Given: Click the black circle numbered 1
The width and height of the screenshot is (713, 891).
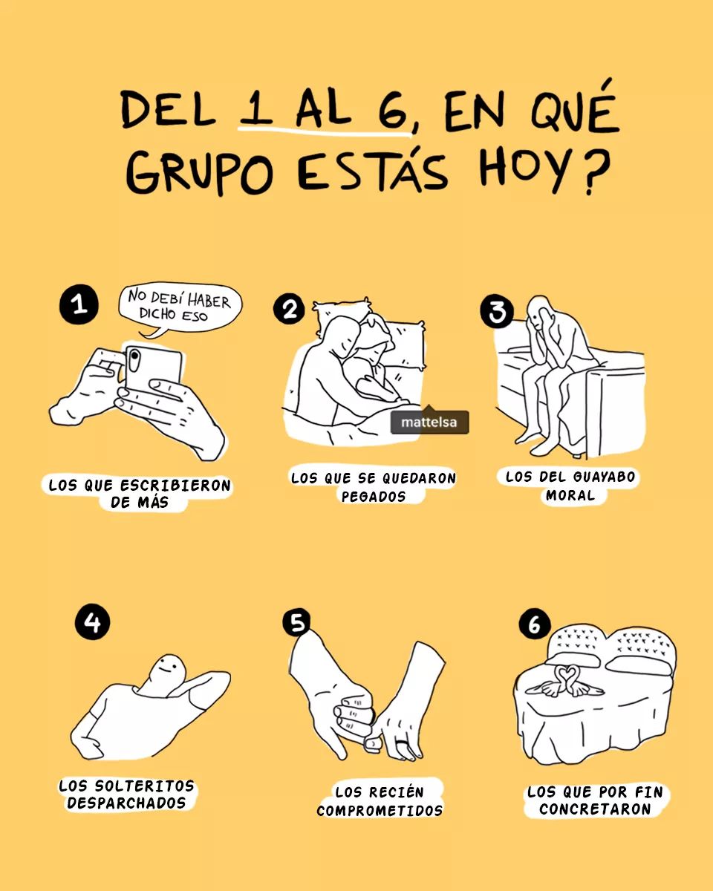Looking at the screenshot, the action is pos(79,304).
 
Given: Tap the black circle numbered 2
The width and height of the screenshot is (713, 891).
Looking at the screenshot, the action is pos(289,310).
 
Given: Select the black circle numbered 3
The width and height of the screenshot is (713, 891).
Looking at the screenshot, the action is pos(497,311).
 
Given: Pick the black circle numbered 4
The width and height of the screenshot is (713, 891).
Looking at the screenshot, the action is pos(92,622).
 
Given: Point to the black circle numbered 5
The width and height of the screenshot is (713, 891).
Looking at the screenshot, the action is pos(296,622).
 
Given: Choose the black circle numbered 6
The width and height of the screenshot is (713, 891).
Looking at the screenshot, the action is pos(535,624).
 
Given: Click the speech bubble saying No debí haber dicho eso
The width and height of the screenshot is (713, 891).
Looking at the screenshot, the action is pos(180,308).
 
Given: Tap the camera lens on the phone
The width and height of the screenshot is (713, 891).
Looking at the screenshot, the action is pos(134,356).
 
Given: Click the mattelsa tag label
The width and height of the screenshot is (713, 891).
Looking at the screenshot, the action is pos(429,422).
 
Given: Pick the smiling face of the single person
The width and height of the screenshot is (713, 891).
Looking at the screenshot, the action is pos(168,670).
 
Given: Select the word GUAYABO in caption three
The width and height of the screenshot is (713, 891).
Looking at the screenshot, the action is pos(604,477).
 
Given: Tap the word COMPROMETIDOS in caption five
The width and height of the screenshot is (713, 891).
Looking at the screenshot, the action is pos(380,810).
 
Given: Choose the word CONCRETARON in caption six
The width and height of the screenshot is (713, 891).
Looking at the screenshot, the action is pos(595,809).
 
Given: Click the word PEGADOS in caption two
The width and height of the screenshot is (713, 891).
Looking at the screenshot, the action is pos(374,496).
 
